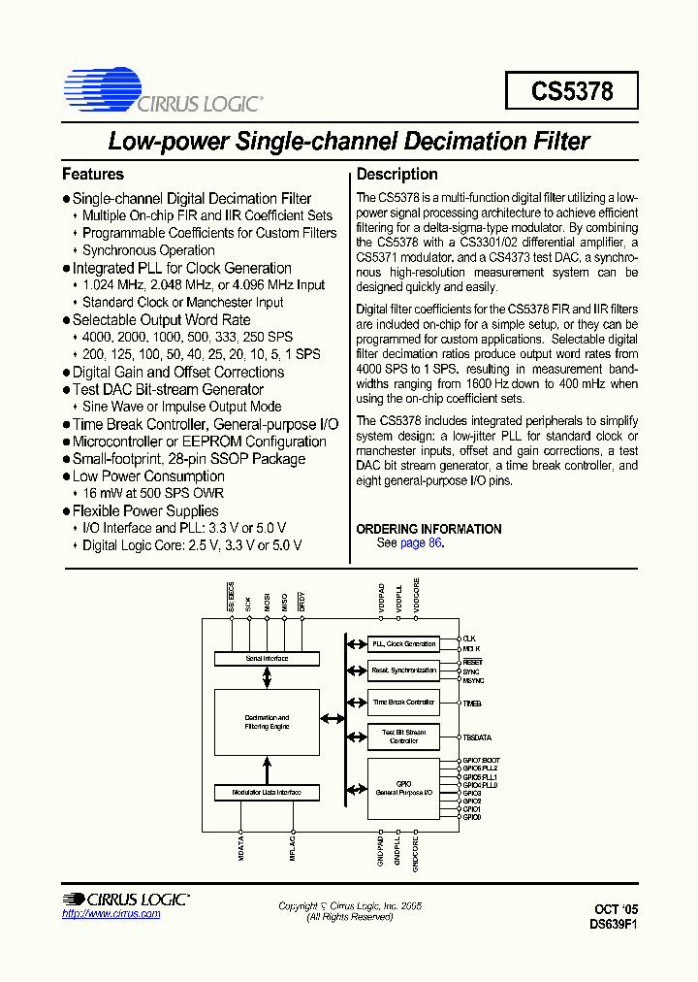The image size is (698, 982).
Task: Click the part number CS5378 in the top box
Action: tap(572, 91)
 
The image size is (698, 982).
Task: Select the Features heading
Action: tap(93, 175)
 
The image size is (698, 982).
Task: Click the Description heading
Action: tap(397, 175)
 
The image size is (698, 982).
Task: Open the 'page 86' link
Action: tap(421, 543)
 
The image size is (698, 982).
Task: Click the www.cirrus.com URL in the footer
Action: tap(104, 914)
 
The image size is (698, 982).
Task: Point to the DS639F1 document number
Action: tap(613, 925)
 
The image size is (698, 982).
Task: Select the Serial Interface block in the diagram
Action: tap(267, 659)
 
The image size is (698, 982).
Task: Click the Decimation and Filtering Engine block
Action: tap(267, 722)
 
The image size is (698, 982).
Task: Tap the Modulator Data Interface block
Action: tap(267, 793)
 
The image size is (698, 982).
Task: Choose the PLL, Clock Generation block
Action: tap(403, 644)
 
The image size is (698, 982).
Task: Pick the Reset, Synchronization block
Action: tap(403, 671)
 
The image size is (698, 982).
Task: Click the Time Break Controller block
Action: tap(403, 702)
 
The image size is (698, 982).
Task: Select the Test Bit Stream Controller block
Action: tap(403, 736)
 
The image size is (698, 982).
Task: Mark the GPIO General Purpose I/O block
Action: tap(403, 789)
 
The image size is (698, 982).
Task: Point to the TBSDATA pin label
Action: tap(477, 737)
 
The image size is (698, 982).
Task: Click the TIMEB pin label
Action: tap(472, 702)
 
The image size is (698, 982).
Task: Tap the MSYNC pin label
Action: tap(472, 679)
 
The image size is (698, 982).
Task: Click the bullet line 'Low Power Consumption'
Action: tap(148, 476)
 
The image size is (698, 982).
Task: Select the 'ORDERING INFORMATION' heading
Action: tap(428, 529)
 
